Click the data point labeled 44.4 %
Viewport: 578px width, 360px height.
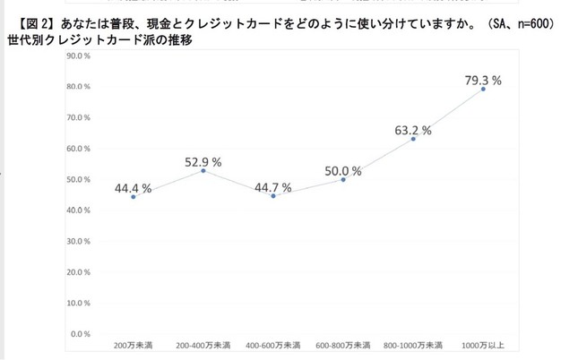pyautogui.click(x=134, y=196)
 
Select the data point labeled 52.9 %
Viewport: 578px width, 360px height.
pyautogui.click(x=203, y=170)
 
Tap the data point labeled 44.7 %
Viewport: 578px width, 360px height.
pyautogui.click(x=273, y=195)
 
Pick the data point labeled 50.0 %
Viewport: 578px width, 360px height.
pyautogui.click(x=343, y=179)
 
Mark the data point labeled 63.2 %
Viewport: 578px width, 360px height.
pyautogui.click(x=413, y=139)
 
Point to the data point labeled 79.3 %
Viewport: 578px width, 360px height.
pyautogui.click(x=483, y=89)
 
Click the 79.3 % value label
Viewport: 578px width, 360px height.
pyautogui.click(x=483, y=80)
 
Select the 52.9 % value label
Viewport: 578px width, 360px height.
pyautogui.click(x=203, y=161)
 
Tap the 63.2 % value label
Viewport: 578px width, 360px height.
pyautogui.click(x=413, y=130)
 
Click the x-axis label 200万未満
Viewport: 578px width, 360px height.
pyautogui.click(x=134, y=344)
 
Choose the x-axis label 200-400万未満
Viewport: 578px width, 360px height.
pyautogui.click(x=203, y=344)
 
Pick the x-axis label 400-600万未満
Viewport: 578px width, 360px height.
pyautogui.click(x=273, y=344)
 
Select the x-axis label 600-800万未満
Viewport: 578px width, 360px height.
pyautogui.click(x=343, y=344)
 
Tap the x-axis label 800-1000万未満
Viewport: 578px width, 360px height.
pyautogui.click(x=413, y=344)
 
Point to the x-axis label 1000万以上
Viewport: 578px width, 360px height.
pyautogui.click(x=483, y=344)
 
